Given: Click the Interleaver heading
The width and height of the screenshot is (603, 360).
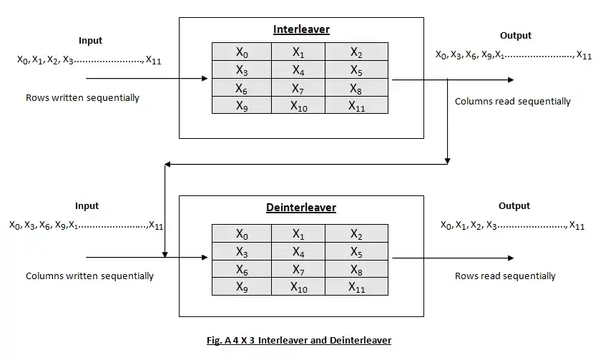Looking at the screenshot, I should [x=301, y=29].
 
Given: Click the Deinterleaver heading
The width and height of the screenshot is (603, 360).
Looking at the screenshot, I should [x=300, y=208].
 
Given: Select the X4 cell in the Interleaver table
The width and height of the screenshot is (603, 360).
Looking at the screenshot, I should [x=298, y=70].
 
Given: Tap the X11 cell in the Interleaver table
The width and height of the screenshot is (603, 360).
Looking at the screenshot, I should [x=356, y=106].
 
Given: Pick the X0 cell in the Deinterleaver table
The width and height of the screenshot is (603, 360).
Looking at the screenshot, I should [x=242, y=234].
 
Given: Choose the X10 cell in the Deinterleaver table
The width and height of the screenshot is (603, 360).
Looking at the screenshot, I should [x=298, y=287].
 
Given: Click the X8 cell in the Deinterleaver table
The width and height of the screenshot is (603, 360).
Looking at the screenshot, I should [x=356, y=269].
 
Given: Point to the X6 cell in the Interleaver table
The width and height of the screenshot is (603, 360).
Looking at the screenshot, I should [x=242, y=88].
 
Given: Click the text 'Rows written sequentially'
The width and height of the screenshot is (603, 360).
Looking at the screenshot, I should [x=82, y=97].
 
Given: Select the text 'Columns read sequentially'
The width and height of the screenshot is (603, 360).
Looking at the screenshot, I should [x=513, y=102].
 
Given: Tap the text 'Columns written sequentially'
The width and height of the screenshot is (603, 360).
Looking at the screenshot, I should [x=89, y=276].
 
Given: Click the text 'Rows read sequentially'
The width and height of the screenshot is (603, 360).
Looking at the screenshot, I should [x=505, y=276].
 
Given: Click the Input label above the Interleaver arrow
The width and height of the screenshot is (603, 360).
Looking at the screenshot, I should [x=91, y=41].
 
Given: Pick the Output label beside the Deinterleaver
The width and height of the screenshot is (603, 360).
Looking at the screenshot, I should [x=514, y=206].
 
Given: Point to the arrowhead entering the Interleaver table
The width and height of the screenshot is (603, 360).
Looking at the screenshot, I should [x=207, y=79].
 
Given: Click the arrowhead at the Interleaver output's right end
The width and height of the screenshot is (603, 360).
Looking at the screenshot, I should [x=509, y=79].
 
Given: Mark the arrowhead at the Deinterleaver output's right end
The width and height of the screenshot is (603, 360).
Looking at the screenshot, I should [x=509, y=258].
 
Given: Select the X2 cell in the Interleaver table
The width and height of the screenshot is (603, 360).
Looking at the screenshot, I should [x=356, y=52].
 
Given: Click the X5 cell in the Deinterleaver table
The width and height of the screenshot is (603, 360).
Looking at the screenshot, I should [x=356, y=252].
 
